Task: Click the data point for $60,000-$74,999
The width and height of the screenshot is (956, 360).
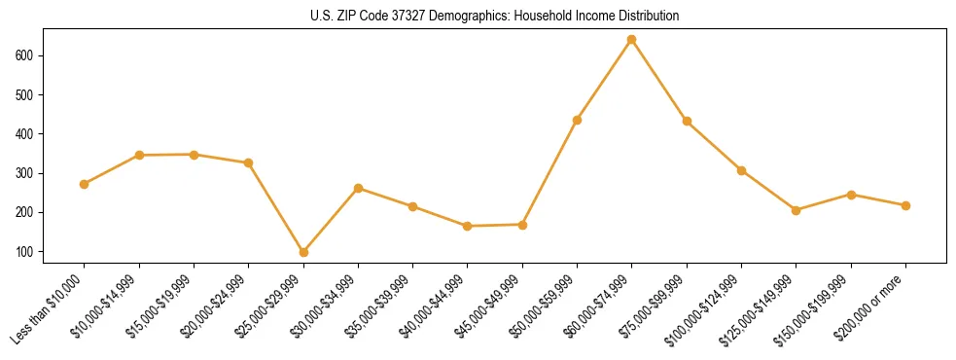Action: pyautogui.click(x=632, y=40)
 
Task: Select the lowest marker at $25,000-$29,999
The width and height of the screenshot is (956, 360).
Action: pyautogui.click(x=303, y=252)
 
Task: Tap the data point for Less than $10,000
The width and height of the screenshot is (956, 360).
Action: pyautogui.click(x=85, y=184)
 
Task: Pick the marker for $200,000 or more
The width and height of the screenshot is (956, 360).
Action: pyautogui.click(x=905, y=205)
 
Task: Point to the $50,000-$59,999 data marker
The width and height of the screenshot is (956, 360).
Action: pyautogui.click(x=577, y=120)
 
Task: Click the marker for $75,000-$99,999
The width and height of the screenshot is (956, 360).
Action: pyautogui.click(x=687, y=122)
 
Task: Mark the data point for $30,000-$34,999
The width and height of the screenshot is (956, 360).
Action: pyautogui.click(x=358, y=188)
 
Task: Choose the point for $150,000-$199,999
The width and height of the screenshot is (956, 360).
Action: pyautogui.click(x=851, y=195)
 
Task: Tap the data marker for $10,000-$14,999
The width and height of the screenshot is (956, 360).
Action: pyautogui.click(x=139, y=155)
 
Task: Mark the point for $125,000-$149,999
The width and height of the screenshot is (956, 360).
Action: pyautogui.click(x=796, y=210)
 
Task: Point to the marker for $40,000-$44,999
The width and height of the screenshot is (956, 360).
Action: pyautogui.click(x=468, y=226)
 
